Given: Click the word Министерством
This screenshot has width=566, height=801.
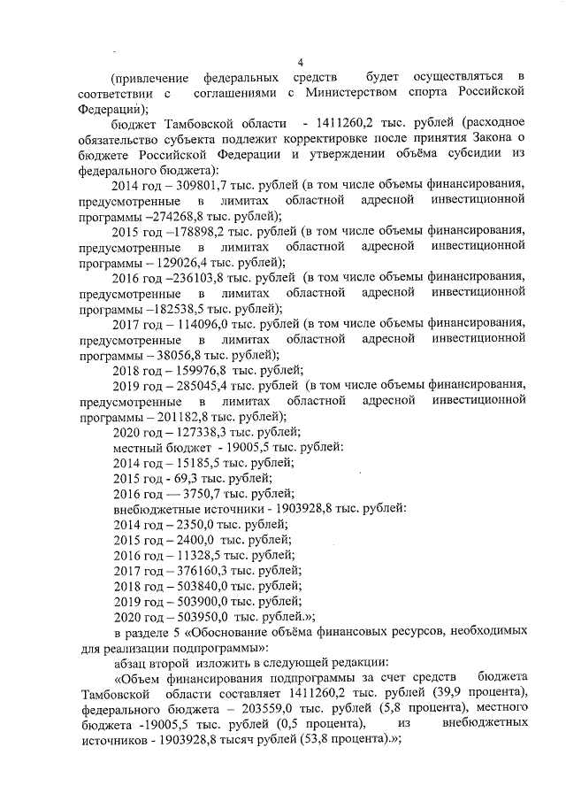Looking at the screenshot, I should pos(342,91).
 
